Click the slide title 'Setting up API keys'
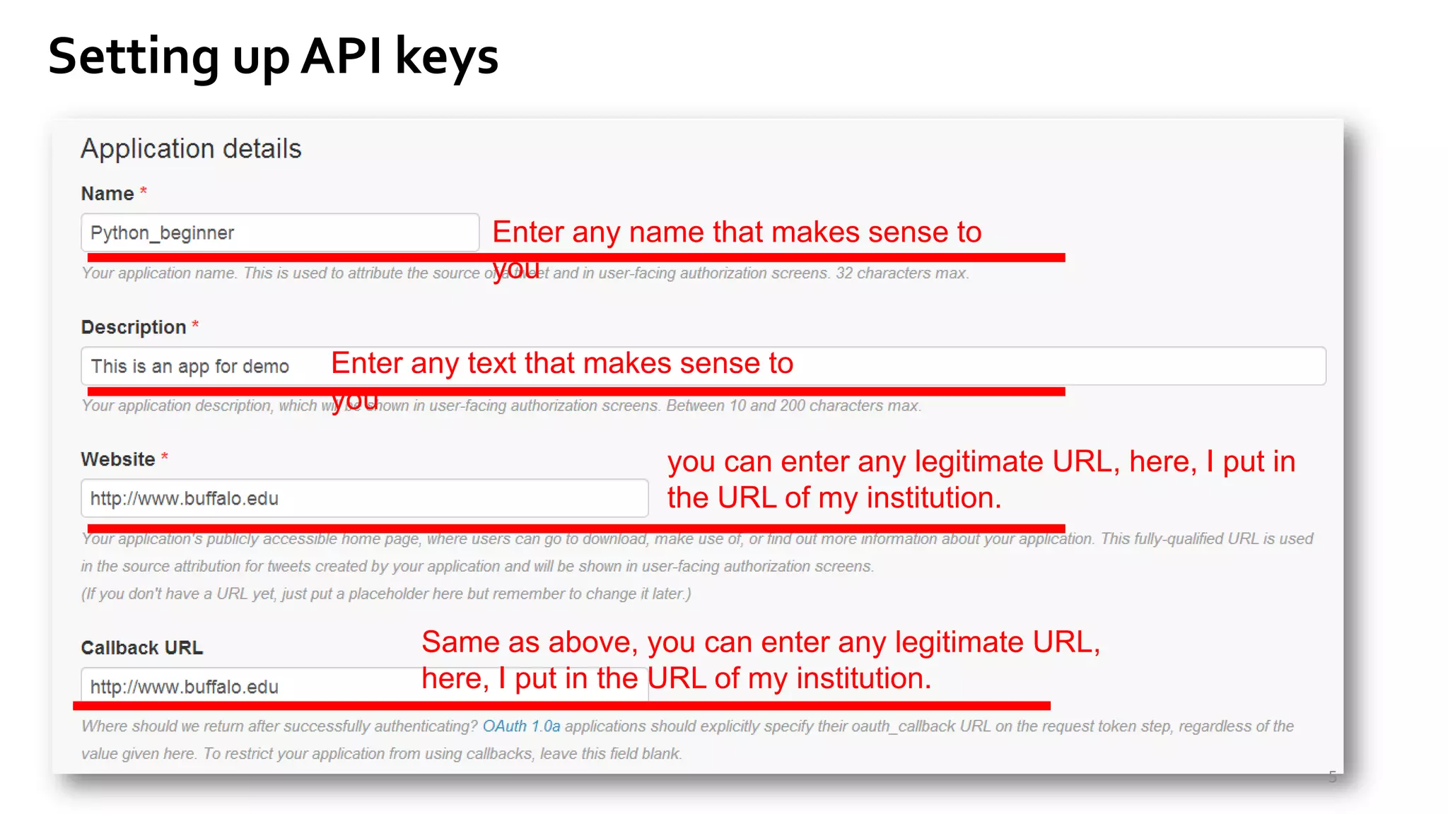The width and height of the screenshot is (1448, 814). (273, 57)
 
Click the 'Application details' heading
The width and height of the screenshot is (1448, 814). (191, 149)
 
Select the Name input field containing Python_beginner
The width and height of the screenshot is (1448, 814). (280, 232)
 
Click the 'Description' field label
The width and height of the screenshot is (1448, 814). (134, 327)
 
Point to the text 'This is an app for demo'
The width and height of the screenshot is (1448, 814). (189, 366)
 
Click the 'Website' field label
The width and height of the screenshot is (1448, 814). (118, 459)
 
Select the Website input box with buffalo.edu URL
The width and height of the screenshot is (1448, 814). (364, 498)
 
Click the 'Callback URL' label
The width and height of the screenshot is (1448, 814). (142, 647)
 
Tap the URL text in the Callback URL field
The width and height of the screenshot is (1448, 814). (185, 687)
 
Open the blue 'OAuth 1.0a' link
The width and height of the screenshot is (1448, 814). (521, 726)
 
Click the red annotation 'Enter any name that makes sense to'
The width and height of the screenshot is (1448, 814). (737, 232)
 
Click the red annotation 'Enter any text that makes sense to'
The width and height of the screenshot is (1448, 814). (562, 363)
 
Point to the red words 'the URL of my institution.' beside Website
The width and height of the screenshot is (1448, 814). (834, 497)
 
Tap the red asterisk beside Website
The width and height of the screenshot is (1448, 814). (165, 458)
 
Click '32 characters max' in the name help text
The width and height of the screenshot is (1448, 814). (901, 273)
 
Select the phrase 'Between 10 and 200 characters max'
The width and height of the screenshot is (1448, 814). (793, 406)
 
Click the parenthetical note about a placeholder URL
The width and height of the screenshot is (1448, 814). (386, 594)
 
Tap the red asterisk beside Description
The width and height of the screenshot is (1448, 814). (195, 326)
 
